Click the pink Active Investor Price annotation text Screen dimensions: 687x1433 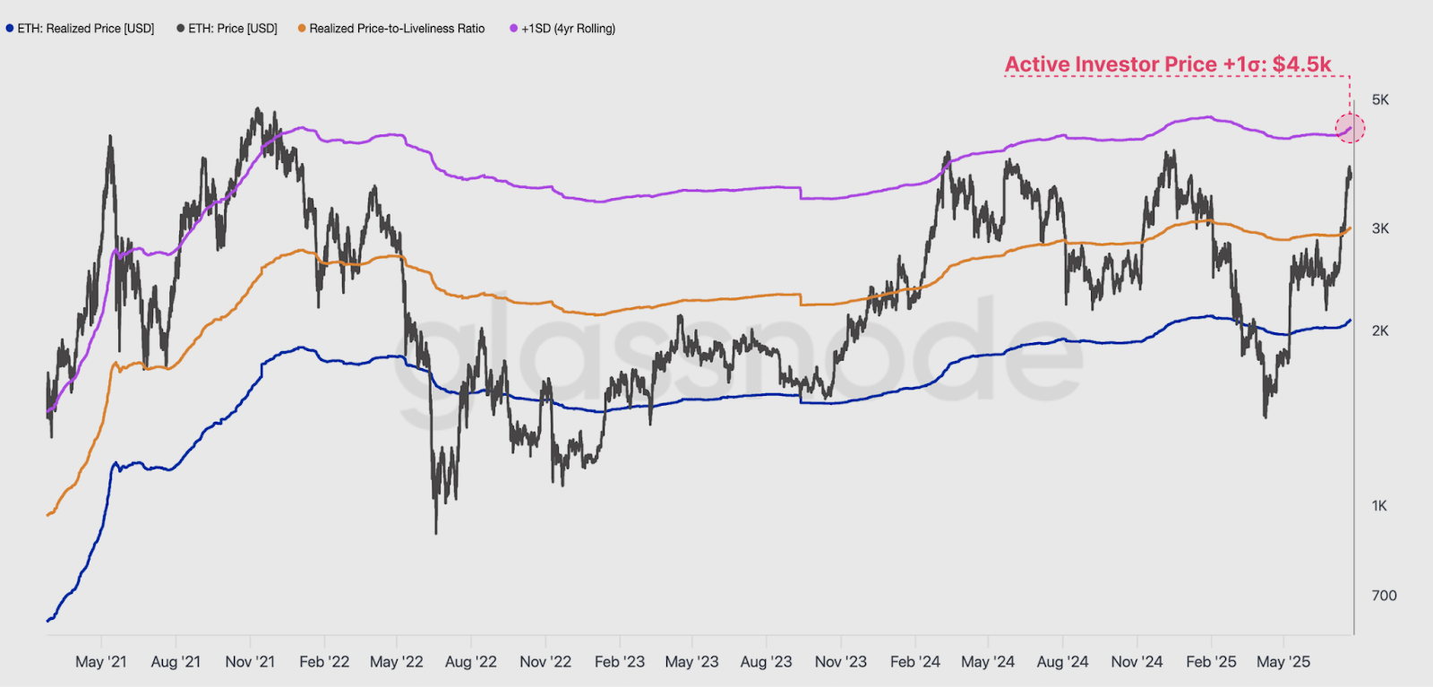pos(1168,64)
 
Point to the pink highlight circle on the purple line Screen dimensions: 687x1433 pos(1351,128)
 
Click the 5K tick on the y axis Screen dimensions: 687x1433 pos(1380,99)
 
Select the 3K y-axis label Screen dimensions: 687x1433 pos(1380,228)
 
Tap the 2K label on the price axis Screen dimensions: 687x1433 pos(1380,331)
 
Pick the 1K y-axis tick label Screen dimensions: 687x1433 pos(1379,505)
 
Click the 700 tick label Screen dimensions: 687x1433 pos(1384,595)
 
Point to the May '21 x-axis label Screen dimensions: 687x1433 pos(101,662)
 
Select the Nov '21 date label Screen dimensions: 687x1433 pos(250,662)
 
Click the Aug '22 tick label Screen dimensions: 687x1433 pos(471,662)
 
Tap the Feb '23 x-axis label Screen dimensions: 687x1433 pos(620,662)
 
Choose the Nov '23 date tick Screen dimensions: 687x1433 pos(841,662)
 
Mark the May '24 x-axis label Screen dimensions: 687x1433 pos(988,662)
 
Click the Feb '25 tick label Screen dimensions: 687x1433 pos(1211,662)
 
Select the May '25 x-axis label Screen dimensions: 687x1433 pos(1283,662)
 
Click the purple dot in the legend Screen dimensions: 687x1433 pos(513,29)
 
